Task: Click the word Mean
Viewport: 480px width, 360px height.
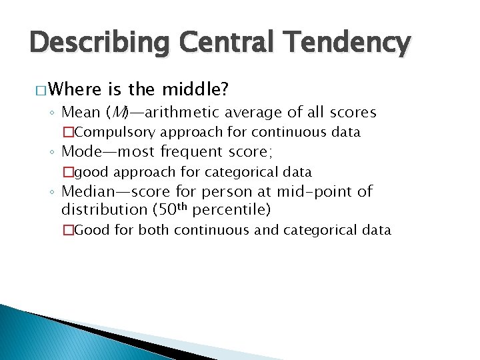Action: click(x=80, y=113)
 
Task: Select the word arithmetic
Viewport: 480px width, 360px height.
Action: click(x=174, y=113)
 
